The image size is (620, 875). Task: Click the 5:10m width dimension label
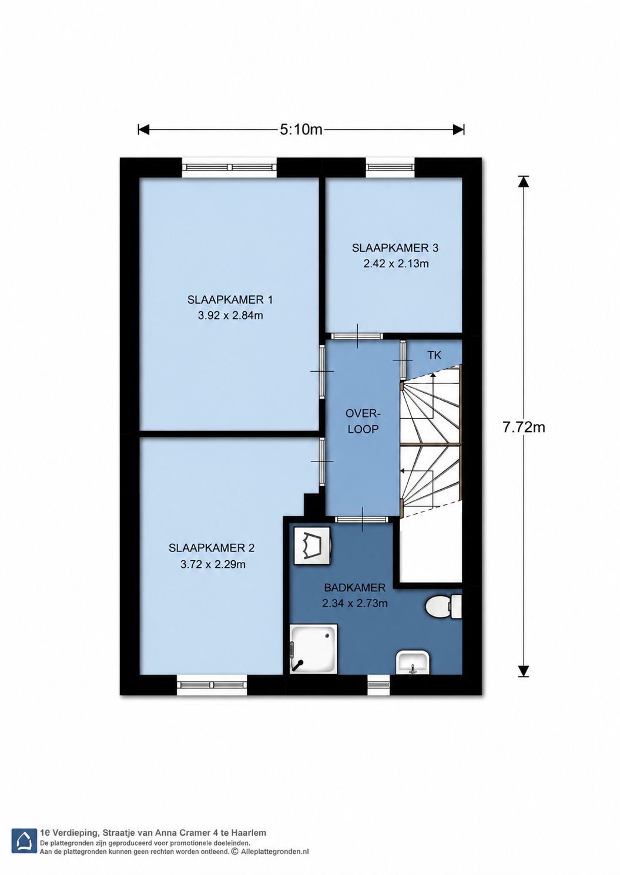click(301, 129)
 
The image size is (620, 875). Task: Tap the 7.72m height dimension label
click(524, 428)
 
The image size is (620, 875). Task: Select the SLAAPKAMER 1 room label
click(230, 300)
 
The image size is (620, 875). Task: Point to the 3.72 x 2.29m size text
click(213, 564)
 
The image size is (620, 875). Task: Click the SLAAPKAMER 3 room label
click(396, 248)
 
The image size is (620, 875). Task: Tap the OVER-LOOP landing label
click(363, 421)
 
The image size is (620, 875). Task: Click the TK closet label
click(434, 355)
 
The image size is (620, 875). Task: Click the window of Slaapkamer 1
click(230, 167)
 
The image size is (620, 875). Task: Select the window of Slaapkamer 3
click(390, 167)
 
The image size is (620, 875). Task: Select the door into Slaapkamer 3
click(357, 336)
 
